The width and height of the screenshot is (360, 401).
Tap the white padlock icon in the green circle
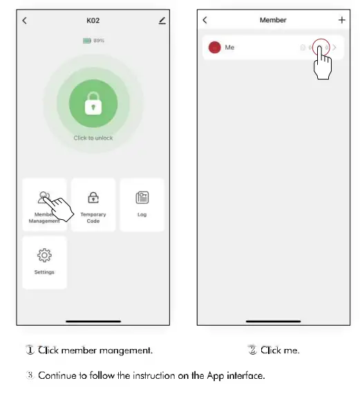point(93,105)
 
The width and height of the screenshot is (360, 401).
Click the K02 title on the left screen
point(93,21)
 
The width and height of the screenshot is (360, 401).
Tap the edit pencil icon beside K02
point(162,21)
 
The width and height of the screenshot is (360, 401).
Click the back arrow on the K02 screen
point(25,21)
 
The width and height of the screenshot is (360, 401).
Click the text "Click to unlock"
point(93,138)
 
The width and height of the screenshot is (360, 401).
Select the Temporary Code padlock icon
point(93,197)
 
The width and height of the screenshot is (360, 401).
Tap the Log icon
point(142,198)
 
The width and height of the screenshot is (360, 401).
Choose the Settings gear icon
point(44,256)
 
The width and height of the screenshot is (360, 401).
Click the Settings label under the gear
point(44,272)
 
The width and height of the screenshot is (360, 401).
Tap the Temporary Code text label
point(93,218)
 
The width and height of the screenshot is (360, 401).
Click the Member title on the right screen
point(273,21)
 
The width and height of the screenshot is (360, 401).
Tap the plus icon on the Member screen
point(341,21)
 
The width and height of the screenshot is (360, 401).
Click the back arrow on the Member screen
point(205,21)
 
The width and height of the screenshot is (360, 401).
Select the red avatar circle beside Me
point(214,48)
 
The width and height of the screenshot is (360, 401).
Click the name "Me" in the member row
point(229,48)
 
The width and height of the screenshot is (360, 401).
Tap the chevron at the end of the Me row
point(335,48)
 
